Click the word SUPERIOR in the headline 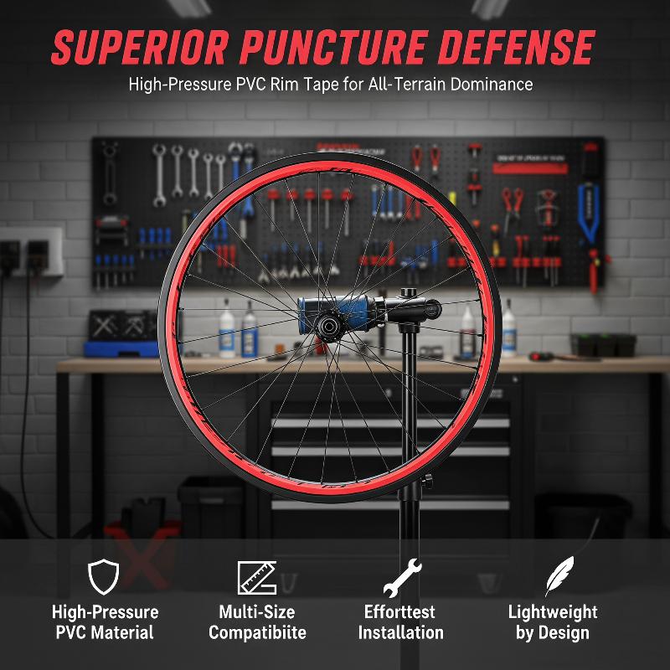(140, 48)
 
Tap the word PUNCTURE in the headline (333, 48)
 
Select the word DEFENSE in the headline (516, 48)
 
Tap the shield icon (103, 576)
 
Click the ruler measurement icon (257, 578)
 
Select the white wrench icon (402, 578)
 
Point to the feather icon (559, 575)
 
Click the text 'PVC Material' (105, 632)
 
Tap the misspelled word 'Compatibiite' (257, 632)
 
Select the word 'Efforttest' (399, 612)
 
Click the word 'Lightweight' (553, 612)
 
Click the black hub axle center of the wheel (329, 327)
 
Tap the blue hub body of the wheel (333, 314)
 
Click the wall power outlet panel (31, 252)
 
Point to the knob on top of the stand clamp (409, 292)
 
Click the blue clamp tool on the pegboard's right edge (589, 213)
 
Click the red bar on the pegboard (530, 168)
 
